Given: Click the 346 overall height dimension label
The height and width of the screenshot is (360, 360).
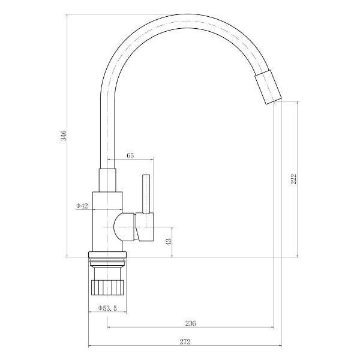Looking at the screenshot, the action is (63, 136).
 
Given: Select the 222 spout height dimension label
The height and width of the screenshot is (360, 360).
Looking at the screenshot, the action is (293, 179).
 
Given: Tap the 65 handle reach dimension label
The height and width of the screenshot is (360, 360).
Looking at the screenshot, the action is (130, 155).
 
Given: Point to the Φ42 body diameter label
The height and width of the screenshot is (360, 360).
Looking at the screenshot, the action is (82, 206).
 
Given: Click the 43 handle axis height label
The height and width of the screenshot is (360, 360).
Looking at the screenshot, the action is (168, 242).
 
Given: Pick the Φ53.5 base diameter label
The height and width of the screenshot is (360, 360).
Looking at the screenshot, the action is (107, 308).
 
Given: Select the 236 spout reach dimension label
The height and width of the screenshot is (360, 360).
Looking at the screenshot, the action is (191, 323).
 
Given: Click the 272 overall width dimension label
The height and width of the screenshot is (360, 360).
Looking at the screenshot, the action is (185, 342).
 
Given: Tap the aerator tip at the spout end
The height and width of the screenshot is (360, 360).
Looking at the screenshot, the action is (268, 86).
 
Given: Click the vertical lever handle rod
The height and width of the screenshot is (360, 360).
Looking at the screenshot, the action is (146, 194).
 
